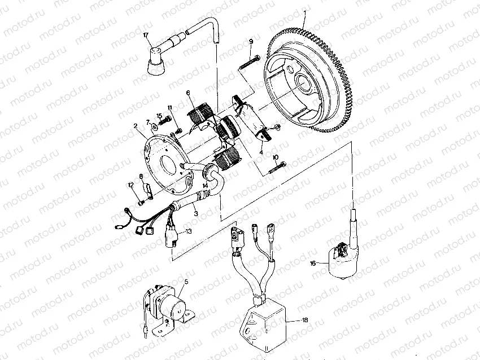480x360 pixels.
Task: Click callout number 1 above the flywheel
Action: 306,12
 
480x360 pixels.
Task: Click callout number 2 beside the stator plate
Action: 136,128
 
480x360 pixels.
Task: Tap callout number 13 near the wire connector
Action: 189,231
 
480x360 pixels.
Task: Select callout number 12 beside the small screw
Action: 130,185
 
